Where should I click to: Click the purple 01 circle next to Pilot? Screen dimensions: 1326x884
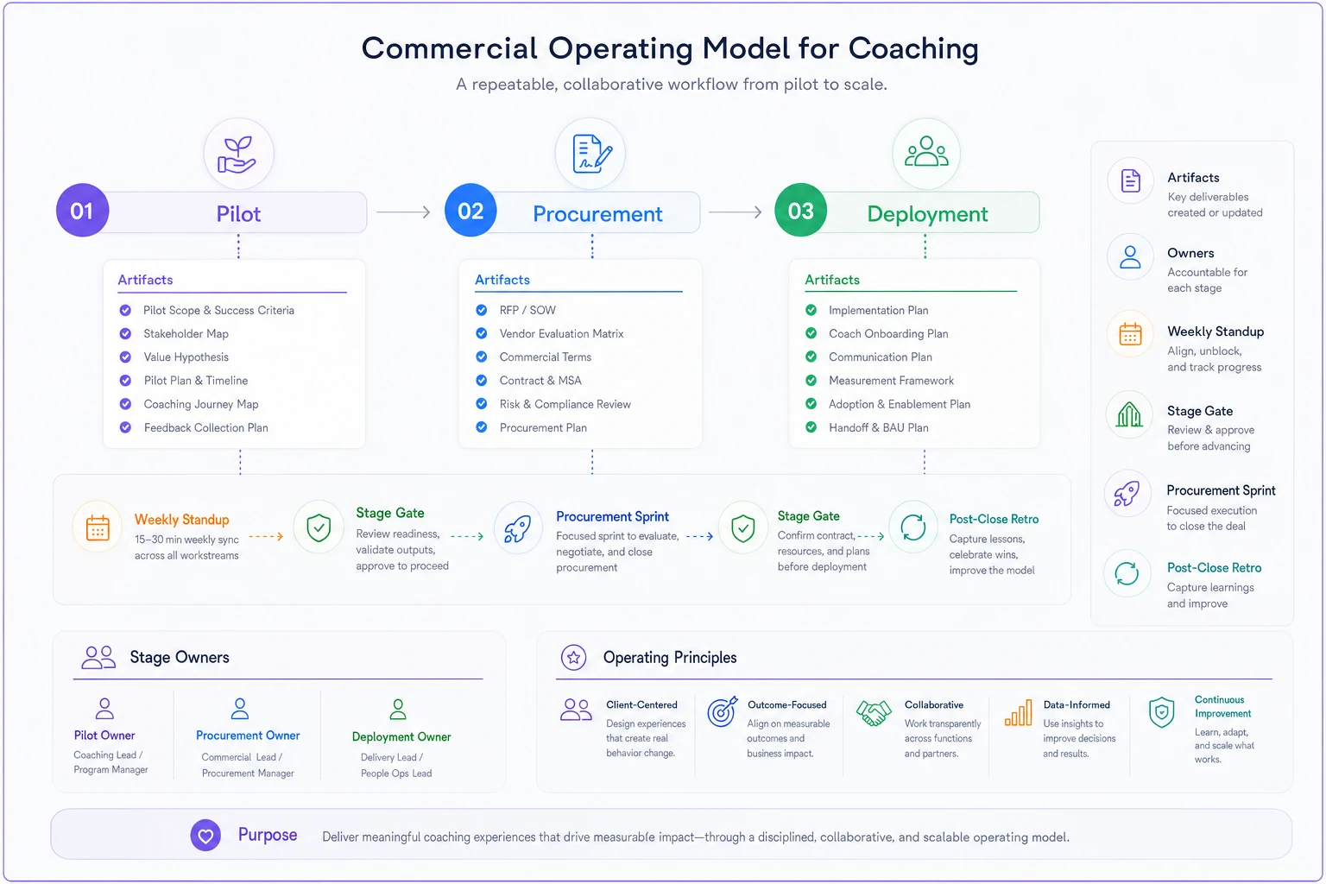[82, 210]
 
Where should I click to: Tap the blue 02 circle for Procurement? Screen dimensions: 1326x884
[470, 210]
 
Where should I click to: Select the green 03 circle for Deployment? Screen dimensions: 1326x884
[800, 210]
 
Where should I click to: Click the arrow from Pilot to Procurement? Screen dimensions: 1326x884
[403, 212]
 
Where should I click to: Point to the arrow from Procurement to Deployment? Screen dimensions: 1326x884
[736, 212]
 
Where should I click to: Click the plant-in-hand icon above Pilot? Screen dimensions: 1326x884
[237, 155]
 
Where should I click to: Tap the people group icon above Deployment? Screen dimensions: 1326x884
[926, 152]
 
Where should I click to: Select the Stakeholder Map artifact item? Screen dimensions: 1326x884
[186, 333]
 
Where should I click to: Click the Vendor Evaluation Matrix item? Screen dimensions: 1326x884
[561, 333]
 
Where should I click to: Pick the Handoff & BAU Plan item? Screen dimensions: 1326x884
[879, 427]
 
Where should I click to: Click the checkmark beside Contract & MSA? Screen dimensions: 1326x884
[481, 381]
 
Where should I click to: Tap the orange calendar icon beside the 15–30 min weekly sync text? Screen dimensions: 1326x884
[98, 527]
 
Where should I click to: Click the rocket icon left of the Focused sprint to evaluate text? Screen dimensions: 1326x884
[517, 528]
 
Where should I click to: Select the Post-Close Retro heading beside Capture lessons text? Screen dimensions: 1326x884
[994, 520]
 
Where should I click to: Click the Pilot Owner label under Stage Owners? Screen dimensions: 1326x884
[104, 736]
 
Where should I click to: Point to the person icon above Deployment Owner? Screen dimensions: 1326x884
[398, 709]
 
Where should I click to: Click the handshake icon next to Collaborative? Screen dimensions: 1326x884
[874, 713]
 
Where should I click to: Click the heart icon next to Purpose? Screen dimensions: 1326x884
[205, 836]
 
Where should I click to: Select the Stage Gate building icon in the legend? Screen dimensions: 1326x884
[1129, 414]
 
